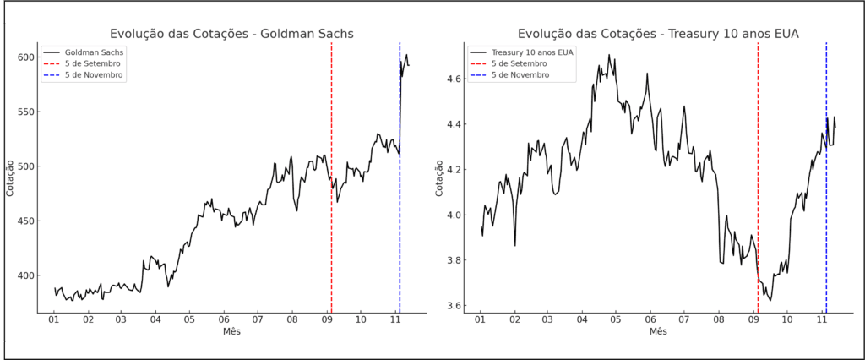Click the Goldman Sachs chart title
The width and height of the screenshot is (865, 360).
tap(231, 34)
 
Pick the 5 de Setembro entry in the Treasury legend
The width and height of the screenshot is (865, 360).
tap(520, 63)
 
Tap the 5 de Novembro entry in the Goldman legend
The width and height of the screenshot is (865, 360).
tap(94, 74)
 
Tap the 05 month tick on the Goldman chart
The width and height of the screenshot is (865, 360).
tap(189, 321)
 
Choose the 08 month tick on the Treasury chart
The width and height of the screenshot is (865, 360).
tap(719, 321)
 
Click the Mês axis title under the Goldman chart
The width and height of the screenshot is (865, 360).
tap(231, 332)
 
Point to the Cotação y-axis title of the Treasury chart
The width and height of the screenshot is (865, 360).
tap(439, 177)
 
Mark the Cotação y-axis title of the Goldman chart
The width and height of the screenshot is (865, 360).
tap(10, 177)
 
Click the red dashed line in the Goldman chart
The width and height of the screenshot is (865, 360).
tap(331, 211)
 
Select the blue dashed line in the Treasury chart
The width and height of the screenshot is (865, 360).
tap(826, 211)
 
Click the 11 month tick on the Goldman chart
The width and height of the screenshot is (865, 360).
tap(394, 321)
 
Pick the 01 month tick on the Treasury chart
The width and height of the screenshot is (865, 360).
tap(480, 321)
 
